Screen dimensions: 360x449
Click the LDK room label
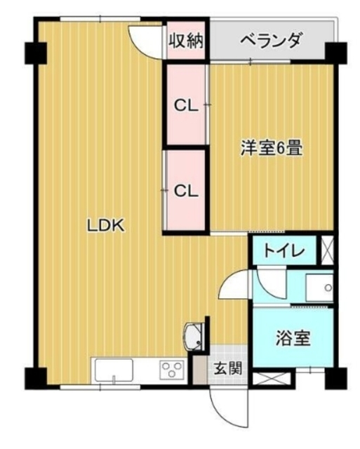coord(106,226)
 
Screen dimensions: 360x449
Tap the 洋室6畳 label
coord(271,147)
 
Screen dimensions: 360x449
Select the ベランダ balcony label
coord(271,40)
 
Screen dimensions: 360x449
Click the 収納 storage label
coord(185,41)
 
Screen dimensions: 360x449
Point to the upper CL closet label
coord(186,106)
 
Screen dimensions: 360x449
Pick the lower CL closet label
coord(186,191)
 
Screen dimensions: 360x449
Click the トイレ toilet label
coord(284,251)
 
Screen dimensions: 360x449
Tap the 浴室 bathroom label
coord(293,338)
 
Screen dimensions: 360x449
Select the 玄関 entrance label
coord(228,368)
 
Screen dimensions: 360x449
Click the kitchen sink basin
coord(114,370)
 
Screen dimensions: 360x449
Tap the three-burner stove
coord(171,369)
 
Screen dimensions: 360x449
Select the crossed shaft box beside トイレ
coord(327,250)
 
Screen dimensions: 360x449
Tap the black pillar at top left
coord(36,53)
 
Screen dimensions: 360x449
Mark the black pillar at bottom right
coord(336,379)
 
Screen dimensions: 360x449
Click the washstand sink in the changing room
coord(319,288)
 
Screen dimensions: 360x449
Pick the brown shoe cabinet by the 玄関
coord(199,370)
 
